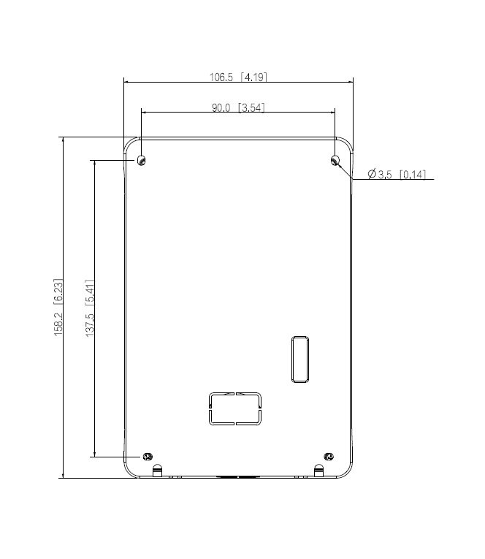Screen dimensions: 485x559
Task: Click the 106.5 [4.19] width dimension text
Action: tap(238, 77)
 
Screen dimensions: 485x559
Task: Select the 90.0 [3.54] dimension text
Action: tap(238, 107)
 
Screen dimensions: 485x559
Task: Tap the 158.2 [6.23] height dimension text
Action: tap(58, 308)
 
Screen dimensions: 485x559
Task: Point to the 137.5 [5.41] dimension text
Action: tap(90, 308)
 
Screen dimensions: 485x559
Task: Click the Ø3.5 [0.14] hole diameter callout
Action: tap(397, 175)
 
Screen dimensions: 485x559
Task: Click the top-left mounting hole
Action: tap(142, 161)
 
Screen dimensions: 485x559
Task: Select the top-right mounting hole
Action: tap(335, 161)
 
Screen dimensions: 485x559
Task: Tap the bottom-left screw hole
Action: tap(148, 456)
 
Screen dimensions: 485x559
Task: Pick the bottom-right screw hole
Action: tap(329, 456)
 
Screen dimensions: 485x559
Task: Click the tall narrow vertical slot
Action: tap(300, 359)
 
